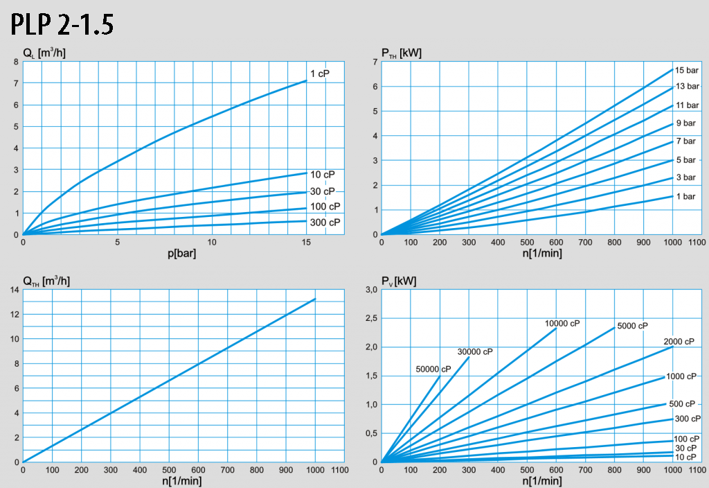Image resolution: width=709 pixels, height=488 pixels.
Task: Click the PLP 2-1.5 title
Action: [62, 24]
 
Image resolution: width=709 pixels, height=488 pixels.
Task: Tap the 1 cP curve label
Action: [319, 73]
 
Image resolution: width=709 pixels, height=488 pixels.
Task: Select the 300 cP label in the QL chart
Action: [325, 223]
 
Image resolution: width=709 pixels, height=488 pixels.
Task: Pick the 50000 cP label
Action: [433, 369]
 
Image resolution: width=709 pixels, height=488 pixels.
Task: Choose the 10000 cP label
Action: [562, 324]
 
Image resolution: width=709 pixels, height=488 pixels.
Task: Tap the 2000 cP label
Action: [679, 342]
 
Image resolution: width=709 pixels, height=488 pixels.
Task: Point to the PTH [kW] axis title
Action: [402, 53]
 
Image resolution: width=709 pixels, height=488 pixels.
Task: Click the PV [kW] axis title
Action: [400, 281]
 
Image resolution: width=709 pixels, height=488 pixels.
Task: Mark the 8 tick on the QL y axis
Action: [16, 62]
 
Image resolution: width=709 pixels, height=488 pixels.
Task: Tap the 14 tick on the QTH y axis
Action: [14, 290]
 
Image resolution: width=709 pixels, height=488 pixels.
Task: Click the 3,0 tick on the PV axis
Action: [370, 290]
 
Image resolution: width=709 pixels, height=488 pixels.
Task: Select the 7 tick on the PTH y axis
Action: [375, 62]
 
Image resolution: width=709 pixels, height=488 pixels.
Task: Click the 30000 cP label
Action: [475, 351]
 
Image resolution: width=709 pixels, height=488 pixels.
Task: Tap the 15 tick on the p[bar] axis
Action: [306, 242]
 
